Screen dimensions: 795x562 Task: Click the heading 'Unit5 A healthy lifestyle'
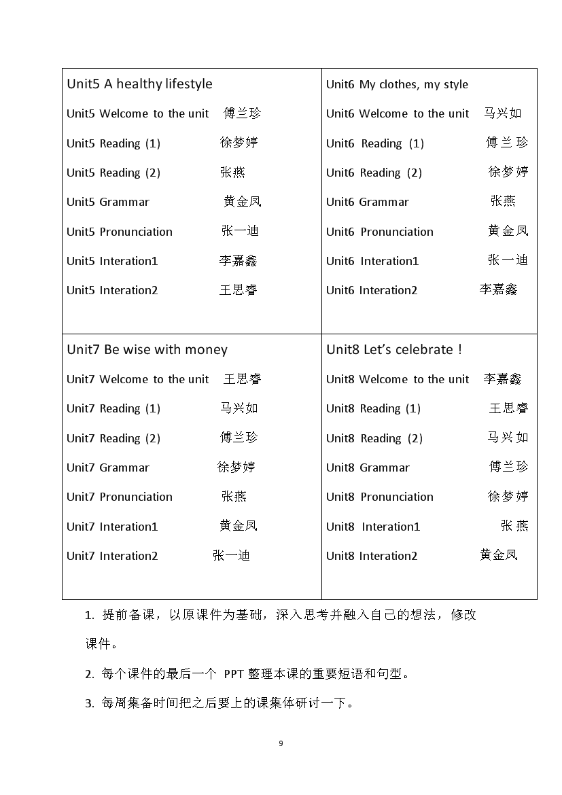click(139, 84)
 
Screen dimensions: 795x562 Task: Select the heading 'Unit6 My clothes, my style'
click(397, 84)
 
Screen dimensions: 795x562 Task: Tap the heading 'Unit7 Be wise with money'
click(147, 350)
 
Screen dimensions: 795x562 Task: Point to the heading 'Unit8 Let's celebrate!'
click(394, 350)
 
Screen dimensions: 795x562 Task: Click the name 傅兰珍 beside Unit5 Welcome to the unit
click(243, 113)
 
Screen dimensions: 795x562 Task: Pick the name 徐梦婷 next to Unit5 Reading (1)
click(239, 143)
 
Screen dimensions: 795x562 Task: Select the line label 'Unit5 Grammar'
click(108, 202)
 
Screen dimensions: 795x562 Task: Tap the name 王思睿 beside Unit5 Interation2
click(239, 290)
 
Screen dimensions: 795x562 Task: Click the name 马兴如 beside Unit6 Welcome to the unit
click(503, 113)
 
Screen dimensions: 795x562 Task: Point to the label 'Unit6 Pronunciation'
click(379, 232)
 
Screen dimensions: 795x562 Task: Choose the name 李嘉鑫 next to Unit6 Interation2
click(498, 290)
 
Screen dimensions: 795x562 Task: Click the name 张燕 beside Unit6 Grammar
click(504, 201)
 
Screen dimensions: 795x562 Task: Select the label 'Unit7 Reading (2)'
click(113, 438)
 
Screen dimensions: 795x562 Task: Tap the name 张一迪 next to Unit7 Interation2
click(232, 556)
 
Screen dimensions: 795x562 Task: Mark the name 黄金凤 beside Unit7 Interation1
click(239, 526)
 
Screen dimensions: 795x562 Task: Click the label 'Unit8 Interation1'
click(373, 527)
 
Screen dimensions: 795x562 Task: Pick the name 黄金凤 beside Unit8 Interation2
click(499, 555)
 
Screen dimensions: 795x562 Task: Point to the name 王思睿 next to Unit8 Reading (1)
click(508, 408)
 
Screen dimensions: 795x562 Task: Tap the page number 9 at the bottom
click(281, 743)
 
